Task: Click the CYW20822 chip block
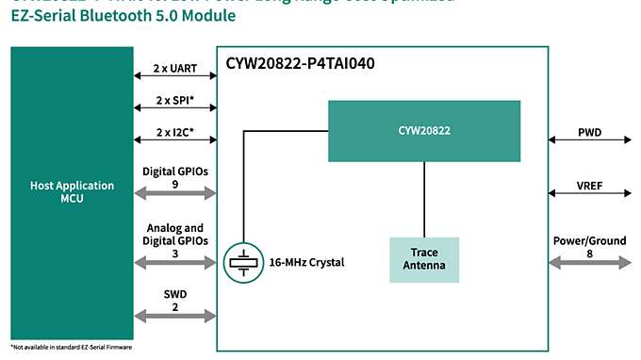click(x=424, y=130)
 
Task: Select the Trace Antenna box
click(x=424, y=259)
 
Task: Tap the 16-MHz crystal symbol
click(x=242, y=262)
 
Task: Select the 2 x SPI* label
click(x=174, y=100)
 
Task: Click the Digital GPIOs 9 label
click(x=174, y=177)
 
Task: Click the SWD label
click(x=174, y=294)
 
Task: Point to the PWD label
click(x=590, y=133)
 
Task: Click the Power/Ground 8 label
click(x=590, y=247)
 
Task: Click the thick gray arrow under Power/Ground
click(x=590, y=267)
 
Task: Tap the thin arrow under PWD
click(x=590, y=142)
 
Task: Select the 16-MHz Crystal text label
click(x=305, y=262)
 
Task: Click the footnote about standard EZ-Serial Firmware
click(x=72, y=349)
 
